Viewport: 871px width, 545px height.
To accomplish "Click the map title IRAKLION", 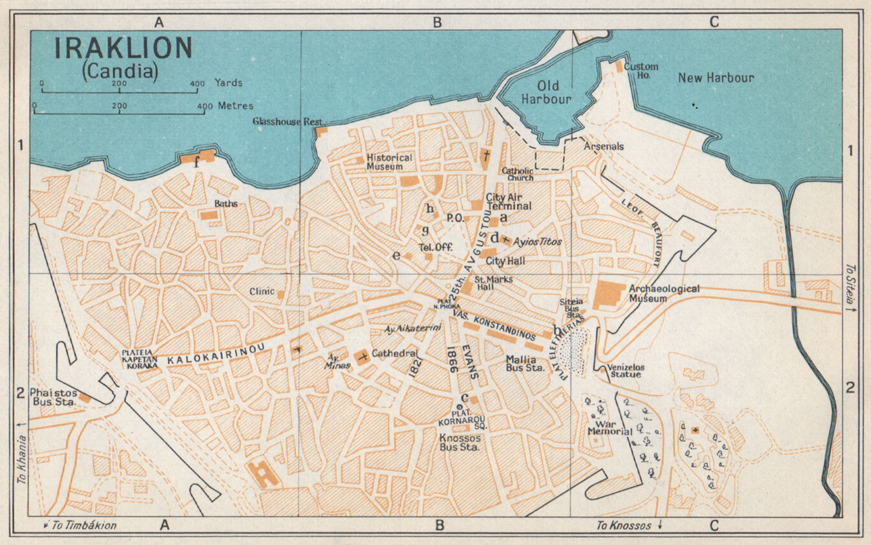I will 123,48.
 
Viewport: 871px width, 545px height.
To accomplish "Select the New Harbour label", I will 716,78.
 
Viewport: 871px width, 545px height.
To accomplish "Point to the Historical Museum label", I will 389,162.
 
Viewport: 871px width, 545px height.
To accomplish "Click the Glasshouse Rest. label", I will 287,121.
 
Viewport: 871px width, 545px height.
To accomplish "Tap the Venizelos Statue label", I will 625,371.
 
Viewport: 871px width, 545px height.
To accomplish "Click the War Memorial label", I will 609,427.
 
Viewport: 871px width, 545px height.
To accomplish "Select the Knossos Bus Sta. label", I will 460,442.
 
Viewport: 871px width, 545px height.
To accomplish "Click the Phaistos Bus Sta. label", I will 53,397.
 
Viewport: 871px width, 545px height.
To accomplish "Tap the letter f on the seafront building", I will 197,161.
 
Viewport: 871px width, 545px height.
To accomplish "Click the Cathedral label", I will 395,353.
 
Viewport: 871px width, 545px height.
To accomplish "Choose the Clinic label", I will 262,291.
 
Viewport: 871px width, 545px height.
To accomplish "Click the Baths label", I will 226,203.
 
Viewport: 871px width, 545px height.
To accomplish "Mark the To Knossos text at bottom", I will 623,525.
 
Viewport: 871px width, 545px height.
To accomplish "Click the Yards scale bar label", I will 228,83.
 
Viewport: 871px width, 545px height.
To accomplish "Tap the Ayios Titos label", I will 537,241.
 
